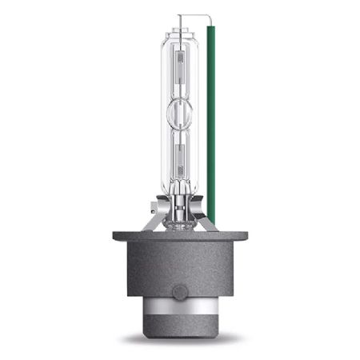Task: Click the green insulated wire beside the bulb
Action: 211,120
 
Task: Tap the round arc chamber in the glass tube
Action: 180,114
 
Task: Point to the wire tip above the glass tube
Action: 180,17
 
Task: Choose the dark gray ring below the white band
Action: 180,328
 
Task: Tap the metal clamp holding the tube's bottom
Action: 181,204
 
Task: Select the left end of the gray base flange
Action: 118,237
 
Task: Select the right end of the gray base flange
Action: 242,237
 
